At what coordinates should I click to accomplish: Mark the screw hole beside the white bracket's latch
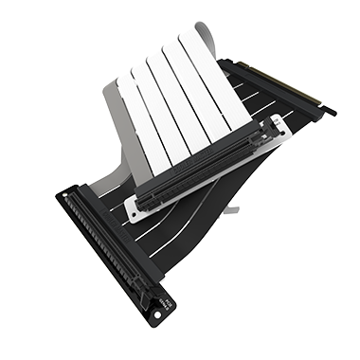tap(276, 121)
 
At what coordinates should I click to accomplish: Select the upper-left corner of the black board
tap(60, 195)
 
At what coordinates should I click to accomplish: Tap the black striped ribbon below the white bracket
tap(204, 213)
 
